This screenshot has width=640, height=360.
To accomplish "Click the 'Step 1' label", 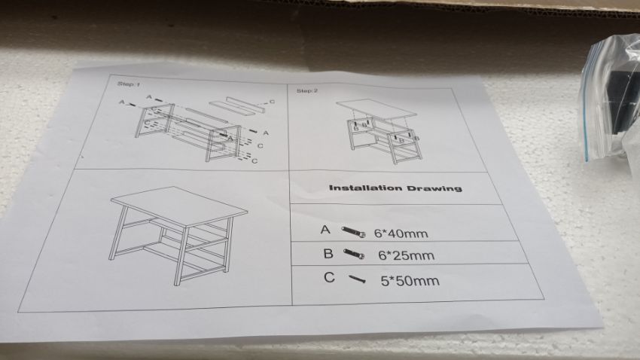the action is click(x=129, y=84).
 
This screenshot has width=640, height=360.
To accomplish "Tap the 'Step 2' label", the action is click(x=307, y=90).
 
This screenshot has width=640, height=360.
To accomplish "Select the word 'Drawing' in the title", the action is click(x=434, y=188).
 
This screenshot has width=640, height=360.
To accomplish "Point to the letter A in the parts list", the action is click(x=325, y=230).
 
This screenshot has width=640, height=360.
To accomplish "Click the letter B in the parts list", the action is click(x=328, y=254).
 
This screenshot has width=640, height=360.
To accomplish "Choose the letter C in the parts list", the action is click(x=329, y=278).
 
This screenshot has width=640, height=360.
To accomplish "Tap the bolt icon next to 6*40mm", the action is click(x=353, y=232).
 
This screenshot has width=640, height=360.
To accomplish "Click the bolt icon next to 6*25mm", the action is click(x=353, y=254).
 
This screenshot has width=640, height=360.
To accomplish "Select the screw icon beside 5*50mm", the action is click(x=357, y=279).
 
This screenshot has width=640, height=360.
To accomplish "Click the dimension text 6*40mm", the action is click(x=401, y=233).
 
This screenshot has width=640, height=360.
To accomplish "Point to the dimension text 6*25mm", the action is click(x=406, y=255).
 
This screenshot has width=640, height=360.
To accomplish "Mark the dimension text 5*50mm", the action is click(x=410, y=281).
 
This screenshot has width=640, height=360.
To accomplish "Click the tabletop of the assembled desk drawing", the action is click(x=178, y=206).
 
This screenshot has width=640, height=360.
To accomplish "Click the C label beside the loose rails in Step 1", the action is click(x=273, y=102).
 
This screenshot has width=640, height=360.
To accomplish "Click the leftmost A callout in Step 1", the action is click(x=121, y=102).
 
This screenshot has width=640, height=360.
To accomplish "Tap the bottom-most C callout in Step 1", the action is click(x=254, y=161).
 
